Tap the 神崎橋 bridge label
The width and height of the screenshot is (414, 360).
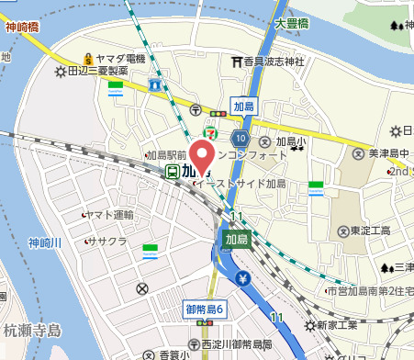pyautogui.click(x=23, y=28)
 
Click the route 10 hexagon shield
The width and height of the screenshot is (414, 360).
pyautogui.click(x=240, y=138)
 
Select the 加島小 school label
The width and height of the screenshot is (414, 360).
pyautogui.click(x=294, y=142)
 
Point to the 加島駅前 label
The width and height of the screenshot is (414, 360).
pyautogui.click(x=165, y=156)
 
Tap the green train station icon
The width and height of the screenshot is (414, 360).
pyautogui.click(x=171, y=171)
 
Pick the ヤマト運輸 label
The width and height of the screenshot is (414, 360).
pyautogui.click(x=109, y=214)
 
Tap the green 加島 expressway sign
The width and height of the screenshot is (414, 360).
pyautogui.click(x=237, y=239)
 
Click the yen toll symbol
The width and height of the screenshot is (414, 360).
pyautogui.click(x=244, y=278)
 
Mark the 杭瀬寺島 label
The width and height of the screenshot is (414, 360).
pyautogui.click(x=30, y=329)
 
